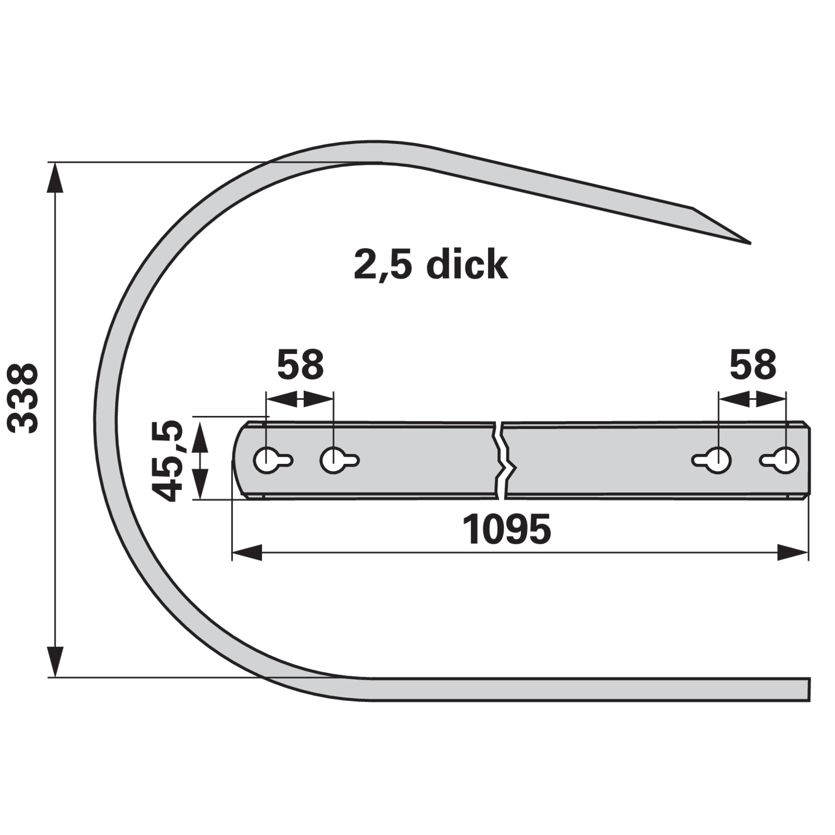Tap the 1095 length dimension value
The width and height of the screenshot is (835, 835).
[x=506, y=529]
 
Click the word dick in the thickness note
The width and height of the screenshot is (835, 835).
[x=467, y=265]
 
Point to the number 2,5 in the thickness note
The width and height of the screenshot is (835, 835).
[x=383, y=266]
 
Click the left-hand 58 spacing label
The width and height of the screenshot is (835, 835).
[x=300, y=365]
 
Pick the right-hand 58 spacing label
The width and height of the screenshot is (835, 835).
[x=753, y=365]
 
